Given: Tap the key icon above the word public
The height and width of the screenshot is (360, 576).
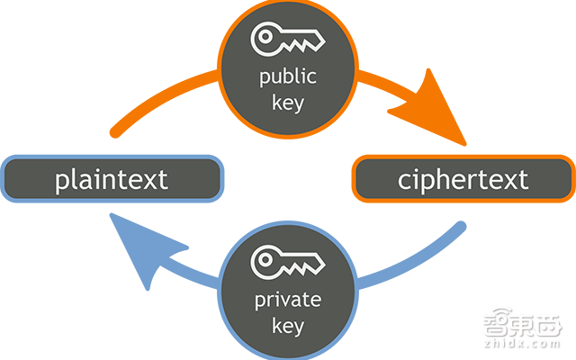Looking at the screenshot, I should [288, 38].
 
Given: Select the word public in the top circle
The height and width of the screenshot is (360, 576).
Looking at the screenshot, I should [288, 77].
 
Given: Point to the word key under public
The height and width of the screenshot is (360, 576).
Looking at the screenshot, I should [288, 102].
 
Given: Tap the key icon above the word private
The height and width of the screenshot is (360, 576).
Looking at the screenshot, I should [288, 261].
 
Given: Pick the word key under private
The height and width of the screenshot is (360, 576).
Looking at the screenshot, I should [288, 325].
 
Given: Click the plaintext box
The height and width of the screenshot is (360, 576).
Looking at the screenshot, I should [112, 178].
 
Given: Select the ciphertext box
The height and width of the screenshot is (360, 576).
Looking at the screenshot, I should [463, 178].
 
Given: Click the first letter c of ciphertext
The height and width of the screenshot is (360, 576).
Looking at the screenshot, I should [405, 180].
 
